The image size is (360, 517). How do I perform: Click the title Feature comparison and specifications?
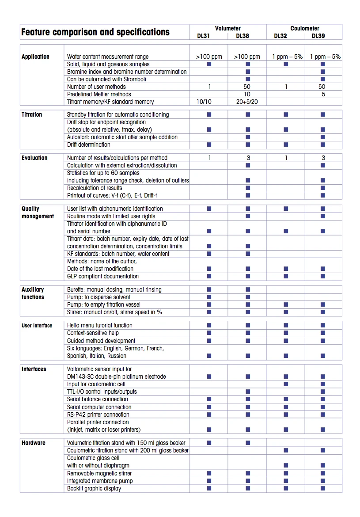pos(95,32)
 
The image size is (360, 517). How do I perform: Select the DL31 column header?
pos(203,36)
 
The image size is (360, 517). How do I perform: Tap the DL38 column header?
pos(243,36)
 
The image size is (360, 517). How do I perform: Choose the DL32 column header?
pos(280,36)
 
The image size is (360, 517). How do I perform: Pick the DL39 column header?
pos(318,36)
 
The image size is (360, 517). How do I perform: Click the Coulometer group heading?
pos(304,28)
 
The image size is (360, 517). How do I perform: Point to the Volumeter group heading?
pos(228,28)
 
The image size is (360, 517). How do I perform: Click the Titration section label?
pos(32,114)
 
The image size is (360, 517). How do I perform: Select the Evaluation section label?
pos(34,158)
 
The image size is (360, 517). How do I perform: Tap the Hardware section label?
pos(34,443)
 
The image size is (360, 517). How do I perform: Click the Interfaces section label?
pos(34,369)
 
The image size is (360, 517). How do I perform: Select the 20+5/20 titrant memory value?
pos(247,102)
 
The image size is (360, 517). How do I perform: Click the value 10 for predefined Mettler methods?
pos(247,94)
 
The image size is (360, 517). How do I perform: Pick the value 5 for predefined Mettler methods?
pos(323,94)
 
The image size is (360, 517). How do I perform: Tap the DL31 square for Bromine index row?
pos(209,72)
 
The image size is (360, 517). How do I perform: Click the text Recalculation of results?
pos(95,188)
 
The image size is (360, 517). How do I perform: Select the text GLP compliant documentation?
pos(103,276)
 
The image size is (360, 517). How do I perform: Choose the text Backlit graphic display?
pos(94,488)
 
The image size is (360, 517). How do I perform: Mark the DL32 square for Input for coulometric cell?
pos(286,384)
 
